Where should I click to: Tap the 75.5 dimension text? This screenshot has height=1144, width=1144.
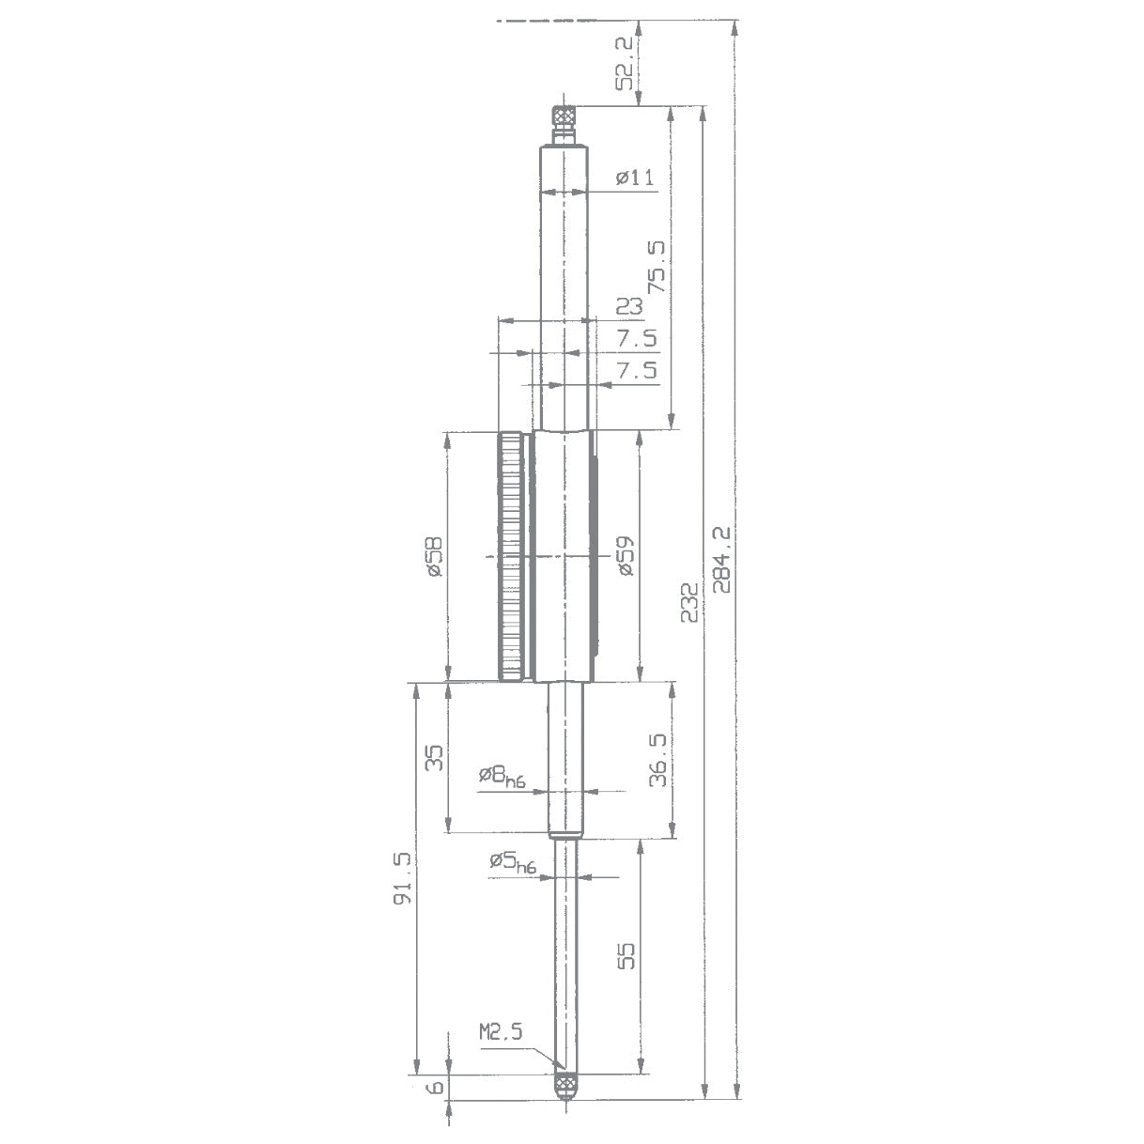(656, 267)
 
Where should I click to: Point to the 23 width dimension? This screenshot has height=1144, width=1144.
(629, 306)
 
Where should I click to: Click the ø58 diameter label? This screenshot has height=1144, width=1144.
(433, 557)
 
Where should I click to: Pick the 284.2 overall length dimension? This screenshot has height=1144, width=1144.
(722, 559)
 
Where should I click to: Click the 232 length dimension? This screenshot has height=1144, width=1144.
(690, 601)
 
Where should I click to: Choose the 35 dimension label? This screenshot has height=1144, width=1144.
(433, 758)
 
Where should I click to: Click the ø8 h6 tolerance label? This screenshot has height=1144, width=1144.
(501, 776)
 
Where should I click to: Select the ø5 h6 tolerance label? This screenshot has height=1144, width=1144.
(511, 862)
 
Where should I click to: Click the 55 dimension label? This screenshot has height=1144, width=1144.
(626, 955)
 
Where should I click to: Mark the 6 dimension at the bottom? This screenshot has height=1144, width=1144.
(433, 1088)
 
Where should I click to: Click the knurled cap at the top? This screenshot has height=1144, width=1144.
(564, 116)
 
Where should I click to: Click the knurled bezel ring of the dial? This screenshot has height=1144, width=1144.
(511, 556)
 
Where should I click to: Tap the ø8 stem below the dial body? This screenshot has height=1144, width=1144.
(565, 761)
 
